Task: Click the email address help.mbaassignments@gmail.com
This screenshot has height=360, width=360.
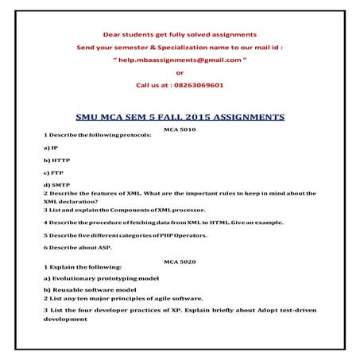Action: tap(180, 60)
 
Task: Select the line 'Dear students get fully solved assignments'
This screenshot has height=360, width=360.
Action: tap(180, 34)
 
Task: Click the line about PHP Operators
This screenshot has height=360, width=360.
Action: tap(117, 235)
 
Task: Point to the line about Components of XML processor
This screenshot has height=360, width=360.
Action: tap(125, 210)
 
